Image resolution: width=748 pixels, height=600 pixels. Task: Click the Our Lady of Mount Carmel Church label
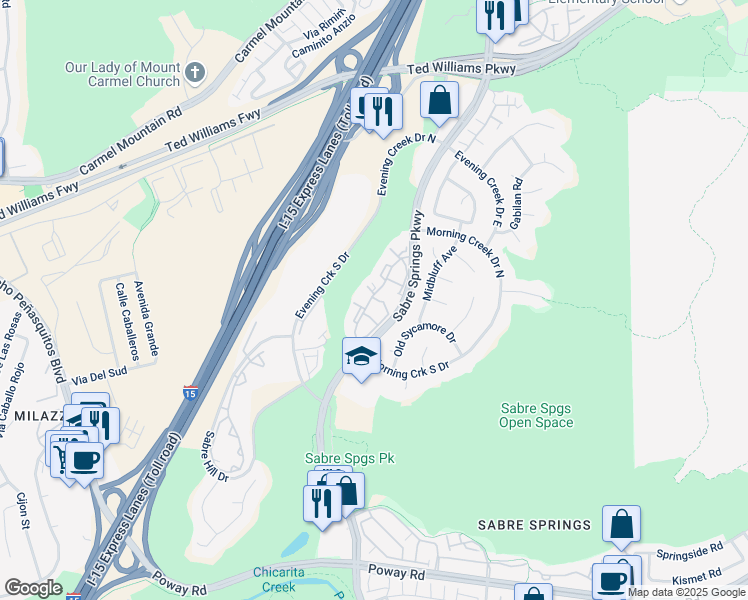[x=122, y=74]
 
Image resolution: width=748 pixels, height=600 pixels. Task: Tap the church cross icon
[x=195, y=72]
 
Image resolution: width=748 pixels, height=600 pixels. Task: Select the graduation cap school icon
[x=361, y=355]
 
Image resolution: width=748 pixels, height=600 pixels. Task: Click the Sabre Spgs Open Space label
[x=537, y=415]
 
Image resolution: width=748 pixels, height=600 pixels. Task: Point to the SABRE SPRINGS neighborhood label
[x=534, y=525]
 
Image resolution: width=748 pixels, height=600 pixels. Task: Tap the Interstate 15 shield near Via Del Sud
[x=190, y=393]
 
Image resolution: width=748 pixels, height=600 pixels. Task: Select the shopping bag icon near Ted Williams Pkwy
[x=439, y=100]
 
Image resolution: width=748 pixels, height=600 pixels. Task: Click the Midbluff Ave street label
[x=440, y=272]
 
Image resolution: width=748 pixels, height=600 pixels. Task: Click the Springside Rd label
[x=689, y=551]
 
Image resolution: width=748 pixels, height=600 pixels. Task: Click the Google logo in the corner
[x=33, y=588]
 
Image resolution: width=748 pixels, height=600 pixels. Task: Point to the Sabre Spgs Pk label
[x=349, y=458]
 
